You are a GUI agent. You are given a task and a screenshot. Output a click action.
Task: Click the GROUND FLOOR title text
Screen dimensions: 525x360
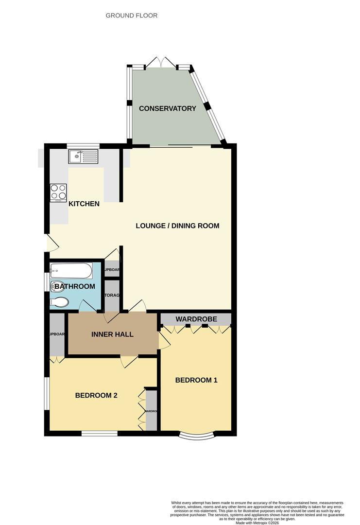point(132,16)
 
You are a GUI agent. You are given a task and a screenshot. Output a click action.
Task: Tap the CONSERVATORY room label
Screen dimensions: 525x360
point(168,108)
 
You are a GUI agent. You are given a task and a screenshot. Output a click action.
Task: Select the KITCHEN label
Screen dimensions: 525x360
point(84,204)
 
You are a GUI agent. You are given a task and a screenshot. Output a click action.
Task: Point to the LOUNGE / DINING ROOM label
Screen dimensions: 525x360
point(177,226)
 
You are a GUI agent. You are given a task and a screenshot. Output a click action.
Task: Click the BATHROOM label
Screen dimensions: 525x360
point(74,286)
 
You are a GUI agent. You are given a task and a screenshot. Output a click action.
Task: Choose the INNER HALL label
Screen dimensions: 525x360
point(112,334)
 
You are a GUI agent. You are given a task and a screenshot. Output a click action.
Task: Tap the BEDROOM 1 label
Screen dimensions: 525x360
point(196,380)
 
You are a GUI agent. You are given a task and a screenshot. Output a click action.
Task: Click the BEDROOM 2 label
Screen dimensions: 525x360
point(96,395)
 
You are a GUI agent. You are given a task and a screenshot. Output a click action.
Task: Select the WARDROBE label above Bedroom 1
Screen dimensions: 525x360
point(196,319)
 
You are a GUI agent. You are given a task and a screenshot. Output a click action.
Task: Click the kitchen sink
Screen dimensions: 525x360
point(83,156)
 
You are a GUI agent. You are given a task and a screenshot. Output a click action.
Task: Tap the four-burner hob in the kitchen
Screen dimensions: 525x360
point(58,192)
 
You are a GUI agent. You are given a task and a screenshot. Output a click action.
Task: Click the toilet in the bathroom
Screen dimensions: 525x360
point(60,302)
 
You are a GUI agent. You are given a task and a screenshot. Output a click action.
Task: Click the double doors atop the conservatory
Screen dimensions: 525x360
point(161,63)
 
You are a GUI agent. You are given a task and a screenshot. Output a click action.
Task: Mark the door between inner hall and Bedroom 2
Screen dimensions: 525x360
point(129,361)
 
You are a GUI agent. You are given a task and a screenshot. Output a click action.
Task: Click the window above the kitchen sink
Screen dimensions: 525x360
point(83,145)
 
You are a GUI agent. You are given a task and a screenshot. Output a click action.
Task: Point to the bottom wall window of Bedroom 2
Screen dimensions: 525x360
point(99,433)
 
